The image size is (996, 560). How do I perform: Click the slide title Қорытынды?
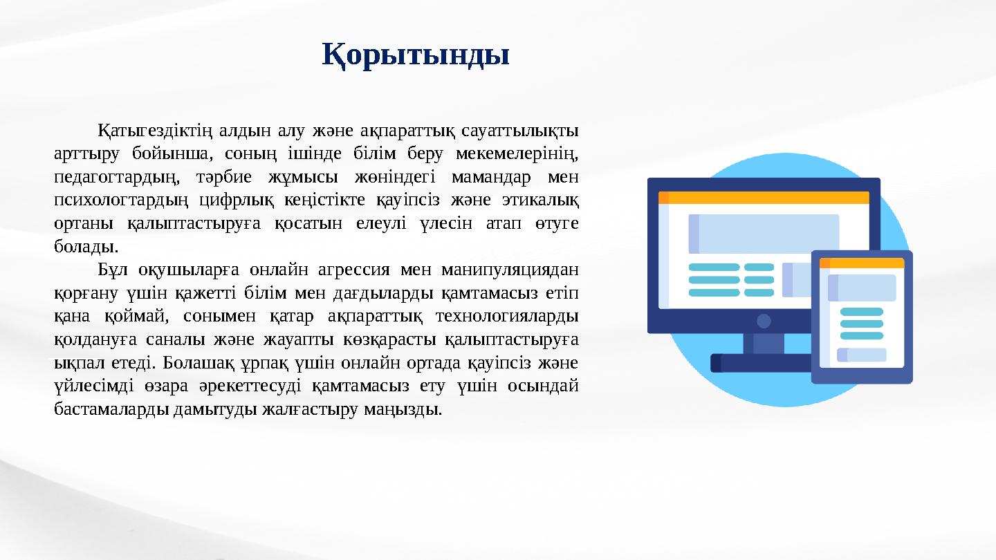click(x=416, y=55)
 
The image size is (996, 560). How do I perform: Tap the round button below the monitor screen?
click(x=764, y=321)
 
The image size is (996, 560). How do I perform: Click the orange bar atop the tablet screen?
click(x=862, y=263)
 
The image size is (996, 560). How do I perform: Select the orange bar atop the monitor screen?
click(x=764, y=198)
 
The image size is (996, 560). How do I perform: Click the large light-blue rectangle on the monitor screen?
click(x=764, y=234)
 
